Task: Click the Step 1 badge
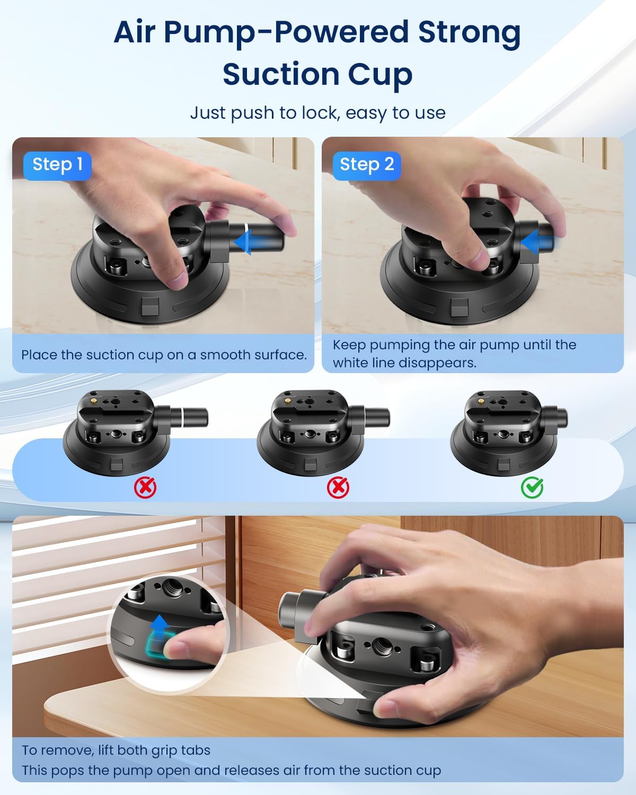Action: pyautogui.click(x=57, y=165)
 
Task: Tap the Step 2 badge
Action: pyautogui.click(x=367, y=165)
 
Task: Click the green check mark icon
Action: pyautogui.click(x=532, y=487)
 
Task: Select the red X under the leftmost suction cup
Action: pyautogui.click(x=145, y=487)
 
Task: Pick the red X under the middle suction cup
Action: pyautogui.click(x=338, y=487)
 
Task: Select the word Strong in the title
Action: pyautogui.click(x=469, y=32)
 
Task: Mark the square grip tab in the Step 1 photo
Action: pyautogui.click(x=150, y=306)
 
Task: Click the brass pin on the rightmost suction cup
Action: pyautogui.click(x=480, y=401)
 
